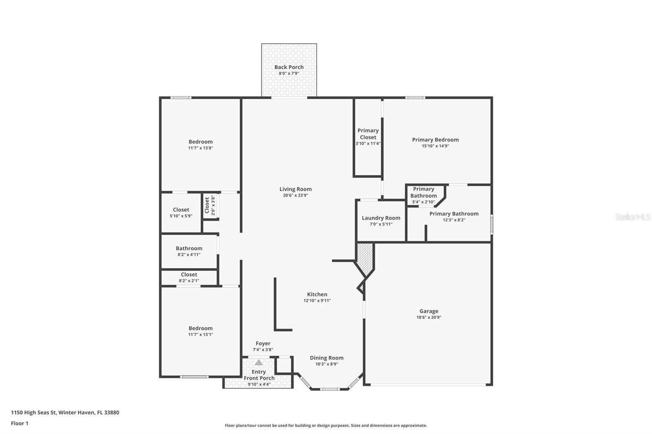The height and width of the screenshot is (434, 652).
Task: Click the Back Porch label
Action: pos(289,67)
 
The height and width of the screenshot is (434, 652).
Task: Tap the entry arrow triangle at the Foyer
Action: pos(259,362)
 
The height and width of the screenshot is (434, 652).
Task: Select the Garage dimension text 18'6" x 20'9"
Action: pos(429,317)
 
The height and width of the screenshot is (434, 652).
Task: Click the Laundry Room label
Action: pos(381,218)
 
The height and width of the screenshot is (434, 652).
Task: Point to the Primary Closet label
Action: pos(368,134)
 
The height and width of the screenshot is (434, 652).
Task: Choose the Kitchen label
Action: pos(317,294)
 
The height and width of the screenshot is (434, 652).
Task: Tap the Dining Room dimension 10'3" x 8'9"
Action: pos(326,364)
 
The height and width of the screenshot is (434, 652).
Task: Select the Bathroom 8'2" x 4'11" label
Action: pos(189,248)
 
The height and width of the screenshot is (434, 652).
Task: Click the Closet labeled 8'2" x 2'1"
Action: pos(189,275)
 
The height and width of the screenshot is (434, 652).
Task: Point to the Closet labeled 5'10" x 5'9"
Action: pos(181,210)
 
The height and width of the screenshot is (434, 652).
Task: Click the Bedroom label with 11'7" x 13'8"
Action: pos(200,142)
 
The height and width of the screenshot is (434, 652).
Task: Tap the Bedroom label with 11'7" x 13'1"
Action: pos(200,328)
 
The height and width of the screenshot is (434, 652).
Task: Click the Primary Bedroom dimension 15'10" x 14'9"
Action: pos(435,146)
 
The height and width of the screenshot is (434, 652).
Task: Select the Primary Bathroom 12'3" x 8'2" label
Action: pos(454,214)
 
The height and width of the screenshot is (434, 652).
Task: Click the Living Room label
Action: pos(295,189)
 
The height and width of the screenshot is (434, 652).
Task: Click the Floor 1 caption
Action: pos(20,423)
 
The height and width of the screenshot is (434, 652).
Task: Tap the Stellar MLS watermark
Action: pos(633,217)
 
